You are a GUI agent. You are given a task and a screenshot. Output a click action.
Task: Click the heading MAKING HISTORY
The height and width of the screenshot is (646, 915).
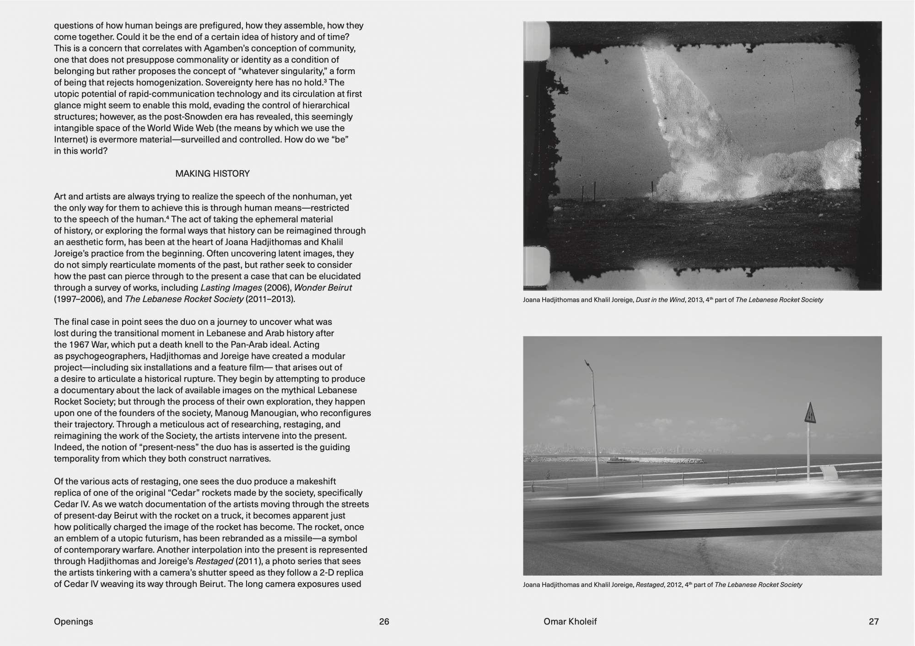(x=212, y=173)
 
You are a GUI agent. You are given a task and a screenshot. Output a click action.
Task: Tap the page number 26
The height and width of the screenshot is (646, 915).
(x=384, y=621)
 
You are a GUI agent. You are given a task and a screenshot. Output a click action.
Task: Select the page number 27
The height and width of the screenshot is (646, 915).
(x=873, y=621)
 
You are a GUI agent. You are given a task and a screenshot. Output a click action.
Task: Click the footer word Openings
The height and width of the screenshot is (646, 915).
(x=73, y=621)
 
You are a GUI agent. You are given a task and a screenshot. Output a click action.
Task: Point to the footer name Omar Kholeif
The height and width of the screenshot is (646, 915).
(x=570, y=621)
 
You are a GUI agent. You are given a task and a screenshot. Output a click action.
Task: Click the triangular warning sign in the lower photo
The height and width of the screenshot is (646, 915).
(x=810, y=414)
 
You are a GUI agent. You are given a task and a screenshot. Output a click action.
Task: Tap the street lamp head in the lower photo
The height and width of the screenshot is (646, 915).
(x=588, y=366)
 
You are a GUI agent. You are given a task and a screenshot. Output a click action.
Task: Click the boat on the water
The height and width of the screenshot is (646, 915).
(x=615, y=460)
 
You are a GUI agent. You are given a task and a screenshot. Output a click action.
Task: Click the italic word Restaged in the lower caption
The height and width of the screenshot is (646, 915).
(x=650, y=585)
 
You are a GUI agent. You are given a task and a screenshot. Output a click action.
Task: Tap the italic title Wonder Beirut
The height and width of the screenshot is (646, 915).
(x=323, y=288)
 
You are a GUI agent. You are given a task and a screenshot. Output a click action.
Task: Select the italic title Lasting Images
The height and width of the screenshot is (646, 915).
(x=231, y=288)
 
